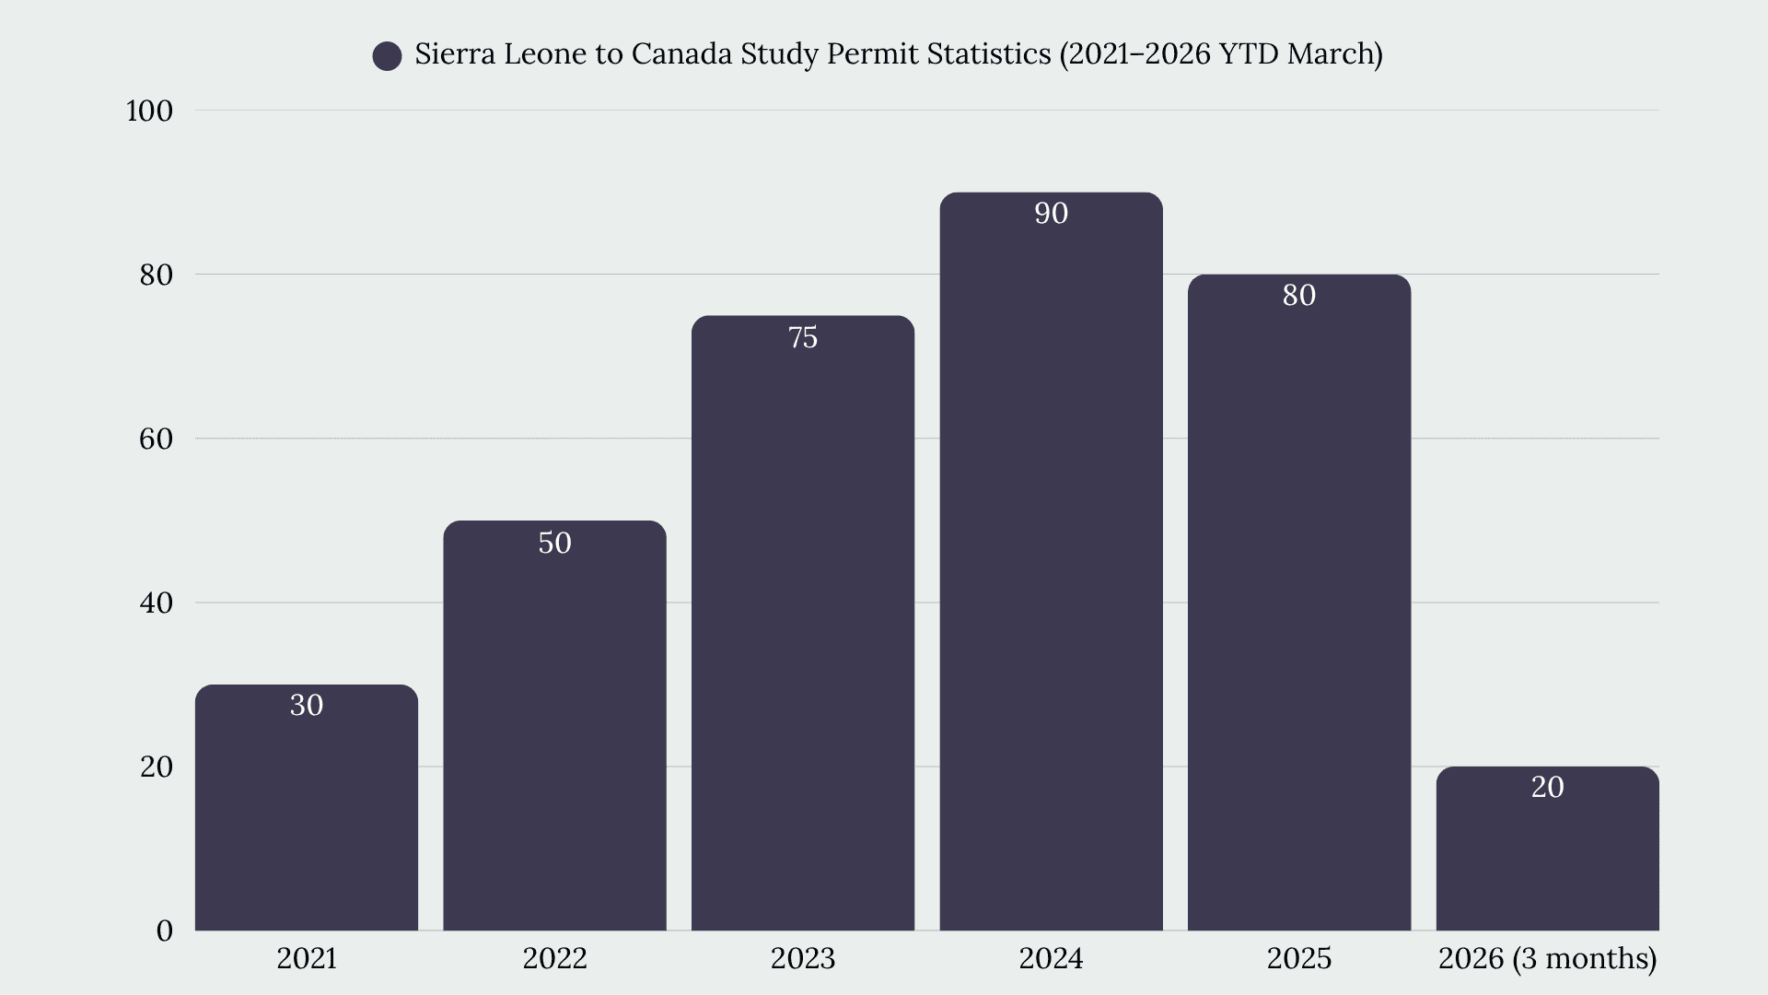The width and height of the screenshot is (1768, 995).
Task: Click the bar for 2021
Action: coord(307,807)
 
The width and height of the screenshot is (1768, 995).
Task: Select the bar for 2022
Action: coord(554,725)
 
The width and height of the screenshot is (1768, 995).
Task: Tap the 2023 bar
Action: coord(803,623)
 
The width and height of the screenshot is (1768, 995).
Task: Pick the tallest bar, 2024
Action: coord(1051,561)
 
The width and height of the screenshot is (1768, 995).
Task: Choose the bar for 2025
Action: coord(1299,603)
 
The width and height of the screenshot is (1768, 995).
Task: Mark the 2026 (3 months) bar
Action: coord(1547,849)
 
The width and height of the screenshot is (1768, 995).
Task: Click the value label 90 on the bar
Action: coord(1051,214)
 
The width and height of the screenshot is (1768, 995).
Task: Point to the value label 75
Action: coord(803,337)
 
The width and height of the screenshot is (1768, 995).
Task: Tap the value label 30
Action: coord(307,706)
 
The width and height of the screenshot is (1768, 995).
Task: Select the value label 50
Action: coord(554,543)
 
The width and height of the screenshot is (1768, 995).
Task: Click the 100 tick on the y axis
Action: coord(149,111)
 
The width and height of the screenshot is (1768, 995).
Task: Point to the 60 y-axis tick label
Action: coord(157,439)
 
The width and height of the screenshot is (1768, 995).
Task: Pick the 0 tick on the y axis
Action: coord(165,931)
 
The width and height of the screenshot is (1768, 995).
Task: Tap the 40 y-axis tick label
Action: coord(157,603)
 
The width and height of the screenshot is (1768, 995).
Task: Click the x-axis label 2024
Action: coord(1051,959)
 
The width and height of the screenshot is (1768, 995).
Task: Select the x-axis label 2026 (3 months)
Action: coord(1547,959)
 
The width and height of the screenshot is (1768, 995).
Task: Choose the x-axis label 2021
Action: coord(307,959)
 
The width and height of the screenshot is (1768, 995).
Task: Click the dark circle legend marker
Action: coord(387,56)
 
